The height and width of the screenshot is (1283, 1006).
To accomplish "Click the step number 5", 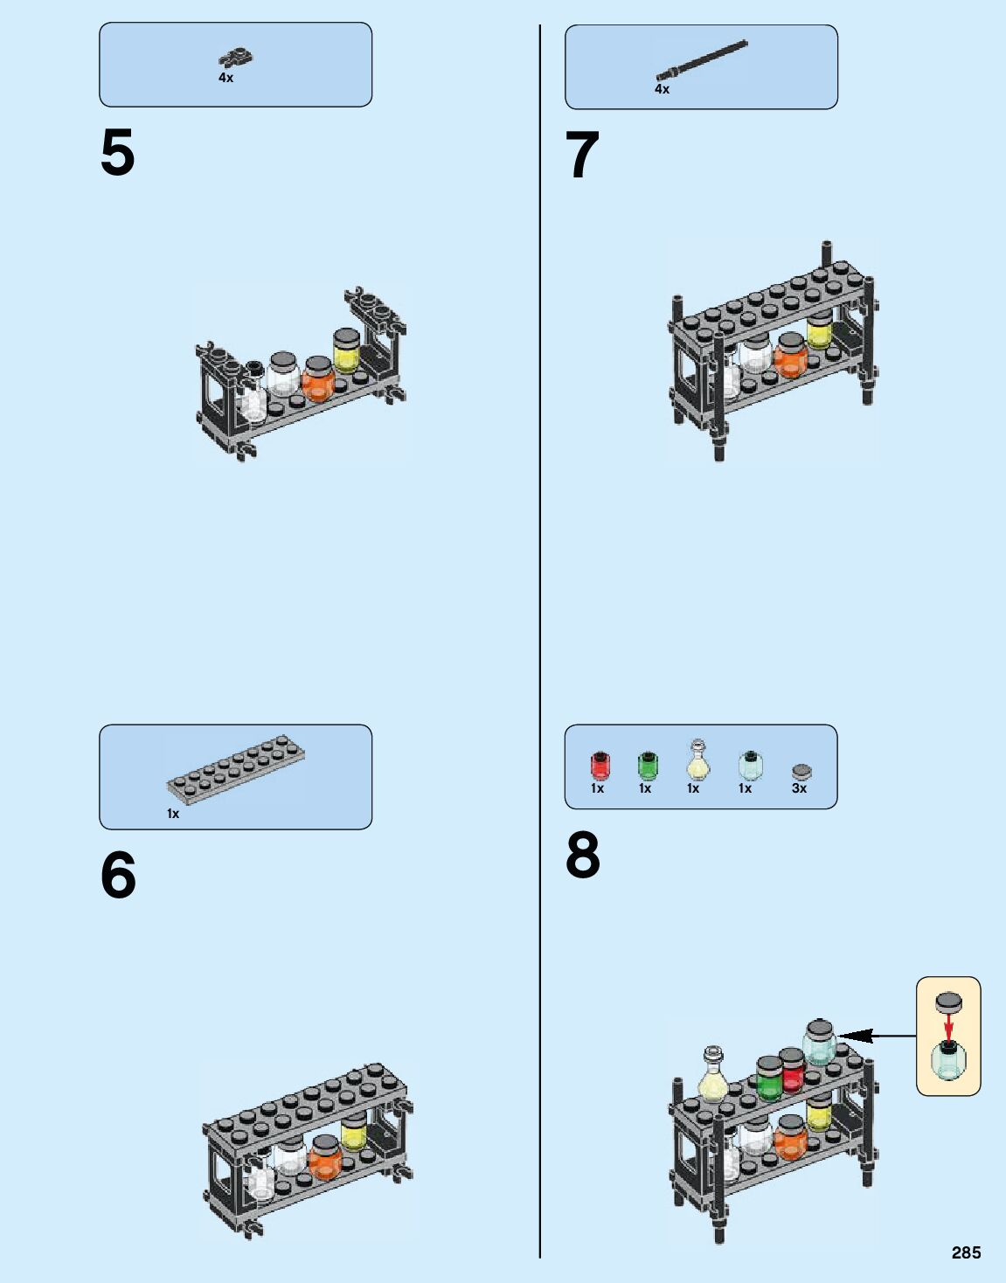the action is pos(118,153).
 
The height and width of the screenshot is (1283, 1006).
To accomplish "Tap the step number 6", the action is pos(118,875).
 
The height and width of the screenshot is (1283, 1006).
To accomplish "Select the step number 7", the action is pos(582,156).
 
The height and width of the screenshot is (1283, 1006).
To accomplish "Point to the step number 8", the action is pos(583,856).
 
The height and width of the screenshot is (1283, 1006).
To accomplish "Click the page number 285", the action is pos(966,1252).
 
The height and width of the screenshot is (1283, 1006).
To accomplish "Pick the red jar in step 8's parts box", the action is pos(600,766).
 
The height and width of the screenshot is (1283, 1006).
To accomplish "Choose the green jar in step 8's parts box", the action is pos(647,766).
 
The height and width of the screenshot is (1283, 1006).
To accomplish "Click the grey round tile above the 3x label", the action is pos(801,771).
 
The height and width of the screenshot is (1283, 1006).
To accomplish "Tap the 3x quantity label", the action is pos(799,788).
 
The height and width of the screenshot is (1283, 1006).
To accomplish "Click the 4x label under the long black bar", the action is pos(662,89).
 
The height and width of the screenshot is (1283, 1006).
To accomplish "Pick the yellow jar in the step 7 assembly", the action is pos(819,331).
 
